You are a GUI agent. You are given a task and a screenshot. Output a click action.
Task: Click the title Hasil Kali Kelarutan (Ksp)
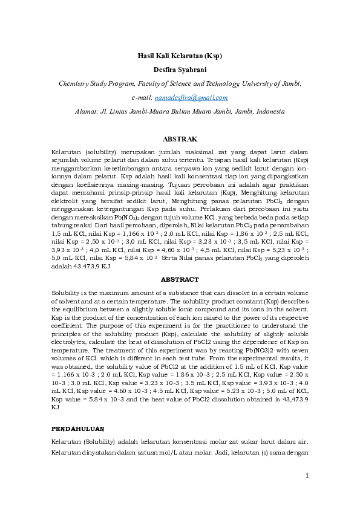180,56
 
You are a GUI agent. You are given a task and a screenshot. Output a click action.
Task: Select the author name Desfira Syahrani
180,70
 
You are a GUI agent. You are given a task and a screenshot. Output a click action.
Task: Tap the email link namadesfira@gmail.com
191,97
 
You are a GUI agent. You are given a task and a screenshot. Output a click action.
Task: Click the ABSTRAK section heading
180,139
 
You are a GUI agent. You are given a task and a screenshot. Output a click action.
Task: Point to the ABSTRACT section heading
180,279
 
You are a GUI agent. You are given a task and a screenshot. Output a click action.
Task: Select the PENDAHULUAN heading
78,427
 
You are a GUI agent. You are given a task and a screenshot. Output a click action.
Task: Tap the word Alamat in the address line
85,111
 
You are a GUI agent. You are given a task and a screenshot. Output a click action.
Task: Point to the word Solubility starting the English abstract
66,293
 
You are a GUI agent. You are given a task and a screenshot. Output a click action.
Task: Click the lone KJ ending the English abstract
56,407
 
